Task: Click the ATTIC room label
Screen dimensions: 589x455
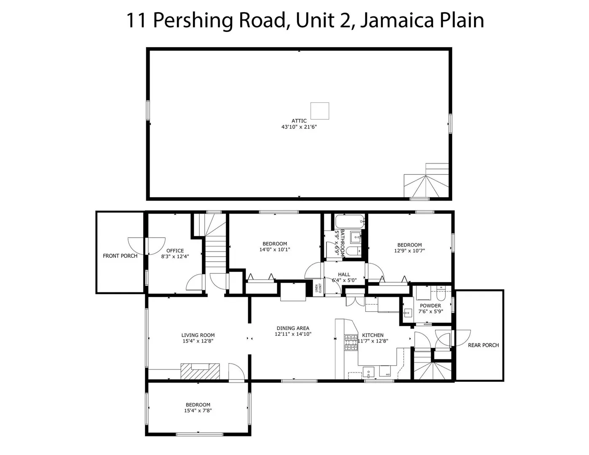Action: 299,120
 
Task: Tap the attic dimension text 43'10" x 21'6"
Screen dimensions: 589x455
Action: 299,126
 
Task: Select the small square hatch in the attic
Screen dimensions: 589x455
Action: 320,111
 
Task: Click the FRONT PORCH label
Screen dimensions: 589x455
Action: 120,256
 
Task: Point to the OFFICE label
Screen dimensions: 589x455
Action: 175,251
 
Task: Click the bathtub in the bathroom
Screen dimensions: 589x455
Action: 350,222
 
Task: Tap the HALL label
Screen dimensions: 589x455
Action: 344,275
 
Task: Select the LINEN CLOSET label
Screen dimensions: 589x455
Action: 318,288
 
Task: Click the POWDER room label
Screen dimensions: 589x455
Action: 431,305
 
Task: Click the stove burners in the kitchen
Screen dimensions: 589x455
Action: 351,343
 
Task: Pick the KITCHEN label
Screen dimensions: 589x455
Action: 373,335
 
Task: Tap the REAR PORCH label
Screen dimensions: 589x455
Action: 483,345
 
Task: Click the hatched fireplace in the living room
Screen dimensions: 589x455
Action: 200,371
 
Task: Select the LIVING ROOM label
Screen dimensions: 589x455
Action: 198,335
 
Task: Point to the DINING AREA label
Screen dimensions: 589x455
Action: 293,328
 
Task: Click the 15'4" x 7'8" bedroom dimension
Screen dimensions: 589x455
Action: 198,410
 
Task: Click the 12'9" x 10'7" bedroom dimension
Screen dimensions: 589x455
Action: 409,251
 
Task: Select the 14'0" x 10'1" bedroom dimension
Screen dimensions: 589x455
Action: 275,249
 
